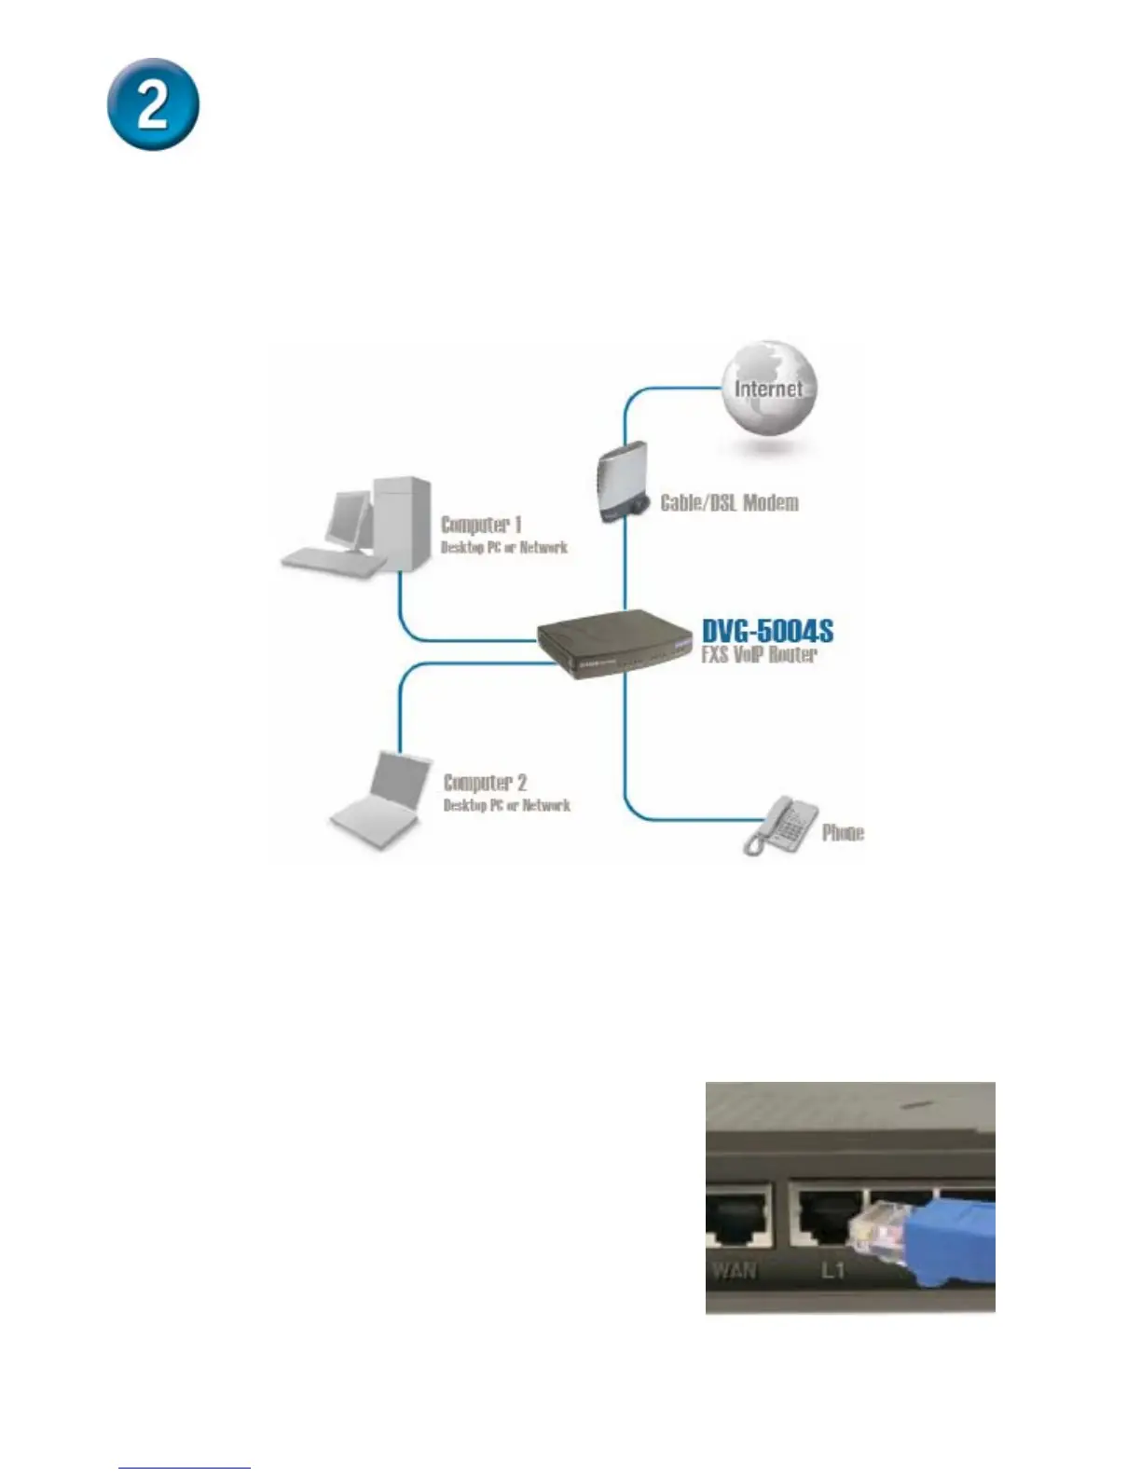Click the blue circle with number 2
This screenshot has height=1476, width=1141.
click(152, 104)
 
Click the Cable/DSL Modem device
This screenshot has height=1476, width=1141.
click(620, 483)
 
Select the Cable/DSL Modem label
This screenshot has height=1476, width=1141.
click(729, 503)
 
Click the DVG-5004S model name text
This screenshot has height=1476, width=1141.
click(767, 631)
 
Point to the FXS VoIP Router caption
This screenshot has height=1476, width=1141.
click(759, 655)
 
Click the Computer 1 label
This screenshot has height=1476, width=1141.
click(481, 525)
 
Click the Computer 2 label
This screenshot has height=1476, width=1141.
click(485, 783)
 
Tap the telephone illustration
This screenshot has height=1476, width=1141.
click(779, 825)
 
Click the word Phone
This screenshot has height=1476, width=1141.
click(843, 833)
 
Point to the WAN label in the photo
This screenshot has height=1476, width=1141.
click(734, 1269)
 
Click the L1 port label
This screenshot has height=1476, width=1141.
click(832, 1269)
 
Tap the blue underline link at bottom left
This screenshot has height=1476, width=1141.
click(185, 1468)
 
